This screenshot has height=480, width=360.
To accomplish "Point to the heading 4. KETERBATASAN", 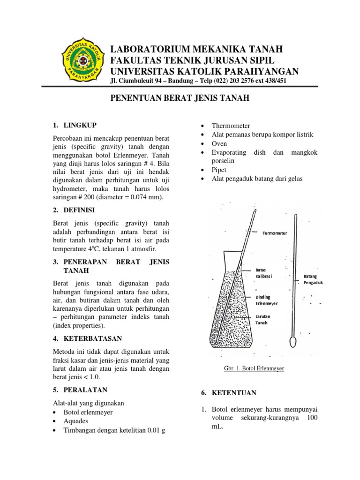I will pyautogui.click(x=87, y=338).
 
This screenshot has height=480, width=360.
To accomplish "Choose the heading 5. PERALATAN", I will pyautogui.click(x=83, y=390).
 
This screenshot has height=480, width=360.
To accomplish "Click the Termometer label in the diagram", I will pyautogui.click(x=274, y=232).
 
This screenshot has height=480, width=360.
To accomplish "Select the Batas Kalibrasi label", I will pyautogui.click(x=263, y=273).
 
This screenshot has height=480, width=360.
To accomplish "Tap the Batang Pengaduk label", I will pyautogui.click(x=313, y=279).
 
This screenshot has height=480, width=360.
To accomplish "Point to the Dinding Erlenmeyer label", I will pyautogui.click(x=266, y=300).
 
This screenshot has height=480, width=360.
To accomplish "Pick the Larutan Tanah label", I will pyautogui.click(x=262, y=320).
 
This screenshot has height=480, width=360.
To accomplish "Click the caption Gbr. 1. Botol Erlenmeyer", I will pyautogui.click(x=255, y=368).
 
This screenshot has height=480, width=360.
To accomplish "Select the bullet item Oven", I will pyautogui.click(x=219, y=143).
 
